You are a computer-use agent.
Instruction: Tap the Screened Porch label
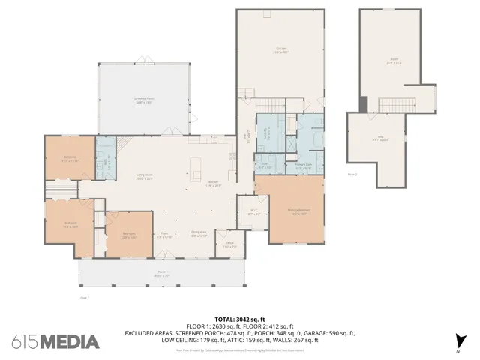point(144,100)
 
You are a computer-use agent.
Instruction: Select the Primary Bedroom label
point(298,211)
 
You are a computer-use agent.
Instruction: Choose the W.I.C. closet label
point(253,212)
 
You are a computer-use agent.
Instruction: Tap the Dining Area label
point(199,234)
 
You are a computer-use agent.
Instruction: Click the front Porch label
point(162,273)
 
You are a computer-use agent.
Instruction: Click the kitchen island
point(196,163)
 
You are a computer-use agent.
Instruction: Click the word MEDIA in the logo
point(69,341)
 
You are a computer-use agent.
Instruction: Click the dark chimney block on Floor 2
point(364,105)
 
